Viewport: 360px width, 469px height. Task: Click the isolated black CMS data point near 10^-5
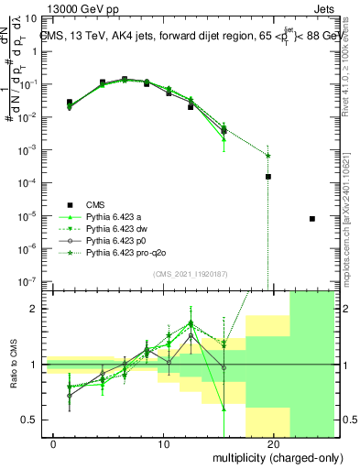312,219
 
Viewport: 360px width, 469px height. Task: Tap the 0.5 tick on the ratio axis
29,420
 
